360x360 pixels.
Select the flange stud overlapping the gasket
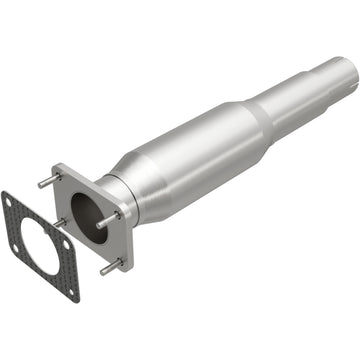pos(59,224)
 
